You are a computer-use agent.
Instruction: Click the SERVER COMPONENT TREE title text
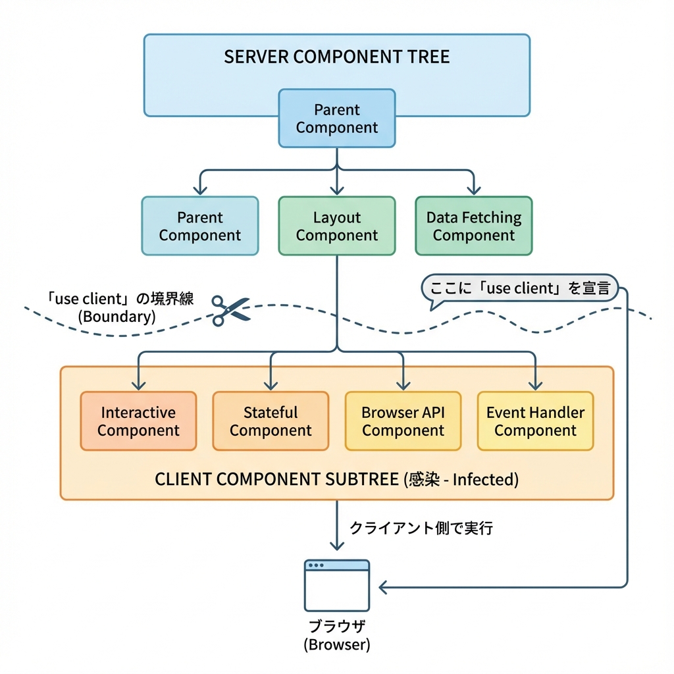pyautogui.click(x=336, y=57)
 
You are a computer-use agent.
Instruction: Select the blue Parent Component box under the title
pyautogui.click(x=336, y=118)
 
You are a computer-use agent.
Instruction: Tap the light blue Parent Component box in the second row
pyautogui.click(x=200, y=226)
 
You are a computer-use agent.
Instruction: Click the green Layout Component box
pyautogui.click(x=336, y=226)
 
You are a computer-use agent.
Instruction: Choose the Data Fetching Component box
pyautogui.click(x=473, y=226)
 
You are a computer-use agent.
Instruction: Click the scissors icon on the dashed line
pyautogui.click(x=230, y=311)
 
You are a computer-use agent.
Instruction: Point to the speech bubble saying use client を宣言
pyautogui.click(x=520, y=289)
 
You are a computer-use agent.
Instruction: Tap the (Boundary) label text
pyautogui.click(x=117, y=316)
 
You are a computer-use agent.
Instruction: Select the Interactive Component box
pyautogui.click(x=138, y=421)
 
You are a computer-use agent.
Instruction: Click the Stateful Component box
pyautogui.click(x=271, y=421)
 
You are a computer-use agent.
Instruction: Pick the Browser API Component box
pyautogui.click(x=403, y=421)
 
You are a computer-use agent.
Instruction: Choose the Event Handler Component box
pyautogui.click(x=535, y=421)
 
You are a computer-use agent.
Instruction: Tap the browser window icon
pyautogui.click(x=336, y=585)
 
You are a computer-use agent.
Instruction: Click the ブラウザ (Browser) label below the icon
pyautogui.click(x=336, y=635)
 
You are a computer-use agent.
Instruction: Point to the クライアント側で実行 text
pyautogui.click(x=421, y=528)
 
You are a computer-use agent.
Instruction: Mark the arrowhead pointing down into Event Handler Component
pyautogui.click(x=535, y=385)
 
